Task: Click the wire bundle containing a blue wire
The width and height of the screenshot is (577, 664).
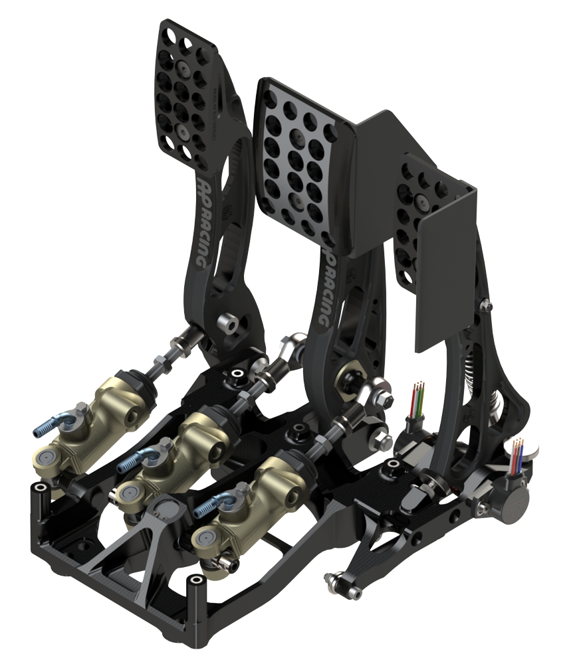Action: click(517, 454)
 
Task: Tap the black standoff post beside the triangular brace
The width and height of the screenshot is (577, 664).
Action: click(195, 588)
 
